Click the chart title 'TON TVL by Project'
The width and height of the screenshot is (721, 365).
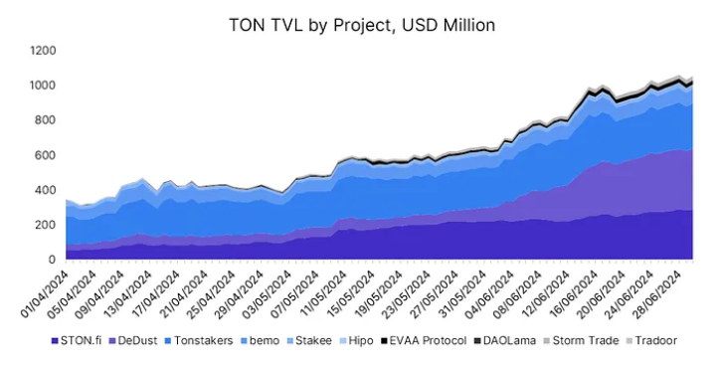360,25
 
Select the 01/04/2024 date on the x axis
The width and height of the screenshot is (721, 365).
45,292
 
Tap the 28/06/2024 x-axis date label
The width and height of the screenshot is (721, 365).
655,292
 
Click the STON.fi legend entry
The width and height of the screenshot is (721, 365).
84,340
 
